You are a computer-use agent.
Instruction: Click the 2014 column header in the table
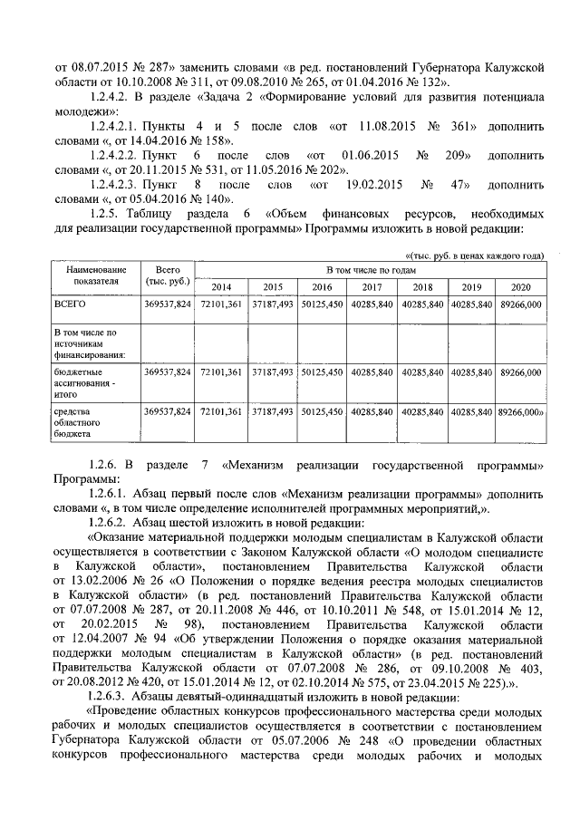[x=219, y=286]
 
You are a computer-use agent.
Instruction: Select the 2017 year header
[x=371, y=286]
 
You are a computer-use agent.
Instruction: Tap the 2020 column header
[x=520, y=286]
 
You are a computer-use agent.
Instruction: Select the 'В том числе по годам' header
[x=370, y=270]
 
